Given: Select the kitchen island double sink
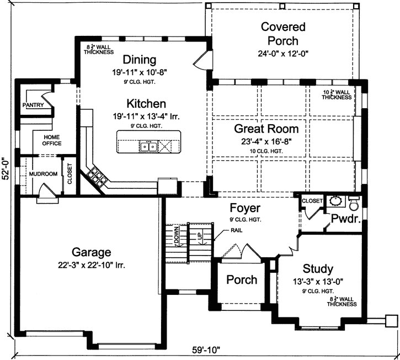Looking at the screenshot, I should tap(147, 146).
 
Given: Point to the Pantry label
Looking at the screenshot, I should tap(33, 105).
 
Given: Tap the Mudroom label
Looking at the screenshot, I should tap(43, 174).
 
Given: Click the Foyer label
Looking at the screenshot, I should tap(245, 209).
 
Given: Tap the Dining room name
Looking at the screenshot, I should tap(140, 60).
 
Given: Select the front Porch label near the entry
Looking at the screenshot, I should tap(242, 280).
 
